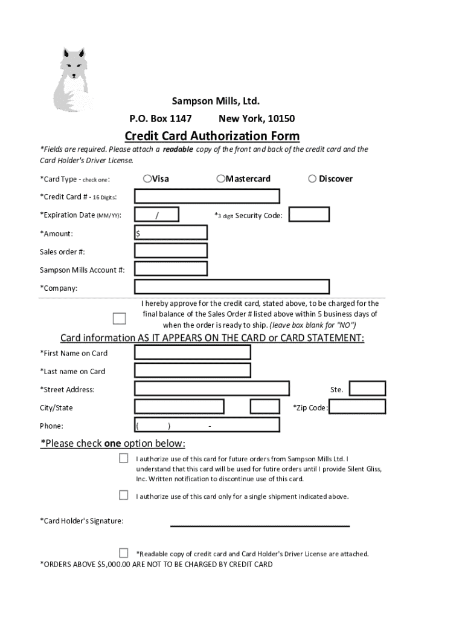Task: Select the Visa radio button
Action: tap(147, 178)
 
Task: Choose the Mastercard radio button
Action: tap(221, 178)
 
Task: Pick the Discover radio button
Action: tap(312, 178)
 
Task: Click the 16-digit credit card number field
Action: tap(207, 196)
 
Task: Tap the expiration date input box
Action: tap(157, 215)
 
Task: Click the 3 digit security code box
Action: tap(309, 215)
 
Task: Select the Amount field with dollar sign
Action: tap(171, 233)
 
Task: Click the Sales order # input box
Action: tap(171, 251)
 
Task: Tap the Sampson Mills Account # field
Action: tap(171, 269)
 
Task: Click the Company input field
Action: tap(232, 287)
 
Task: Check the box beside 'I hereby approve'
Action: tap(120, 319)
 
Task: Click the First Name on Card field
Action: tap(193, 352)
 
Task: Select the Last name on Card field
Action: tap(193, 371)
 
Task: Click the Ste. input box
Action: tap(367, 389)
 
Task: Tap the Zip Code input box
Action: tap(357, 407)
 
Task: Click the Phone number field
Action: tap(207, 425)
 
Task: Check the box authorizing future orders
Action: tap(123, 458)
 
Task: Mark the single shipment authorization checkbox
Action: tap(123, 496)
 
